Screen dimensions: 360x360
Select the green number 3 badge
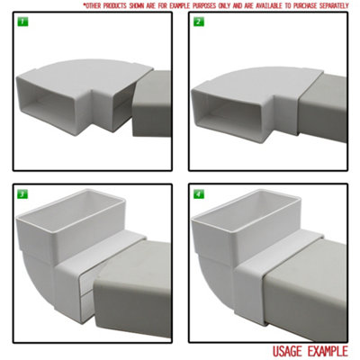[22, 193]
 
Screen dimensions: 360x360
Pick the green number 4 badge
[198, 193]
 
